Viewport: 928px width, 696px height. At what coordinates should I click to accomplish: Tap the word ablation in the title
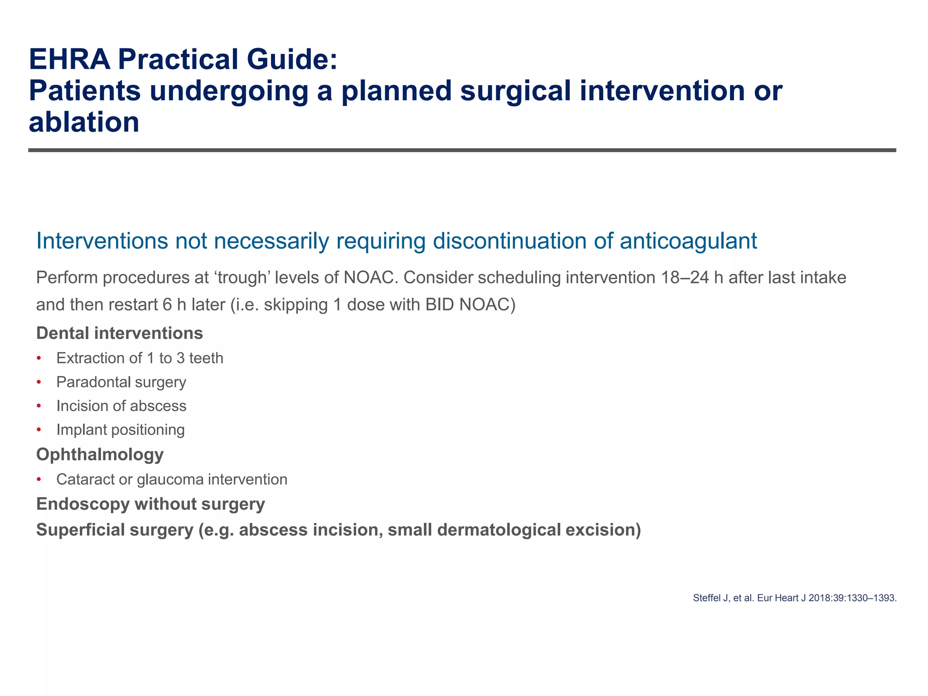pos(84,122)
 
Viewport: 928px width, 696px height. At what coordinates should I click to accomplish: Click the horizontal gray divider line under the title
pos(462,150)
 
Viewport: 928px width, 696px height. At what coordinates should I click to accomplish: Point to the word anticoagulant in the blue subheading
pos(688,241)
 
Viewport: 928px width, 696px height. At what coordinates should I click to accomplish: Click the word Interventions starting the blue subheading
pos(102,241)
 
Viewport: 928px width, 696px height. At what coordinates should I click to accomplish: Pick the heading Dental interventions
pos(120,333)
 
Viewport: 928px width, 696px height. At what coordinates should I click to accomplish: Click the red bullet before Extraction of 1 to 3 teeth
pos(39,358)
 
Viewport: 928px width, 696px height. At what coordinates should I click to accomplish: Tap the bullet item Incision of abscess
pos(121,406)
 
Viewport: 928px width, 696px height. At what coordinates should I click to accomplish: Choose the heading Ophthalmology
pos(100,454)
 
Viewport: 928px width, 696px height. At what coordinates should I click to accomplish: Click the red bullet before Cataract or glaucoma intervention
pos(39,479)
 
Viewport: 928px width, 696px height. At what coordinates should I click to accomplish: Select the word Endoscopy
pos(82,504)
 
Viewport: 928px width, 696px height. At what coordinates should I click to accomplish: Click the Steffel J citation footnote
pos(794,598)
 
